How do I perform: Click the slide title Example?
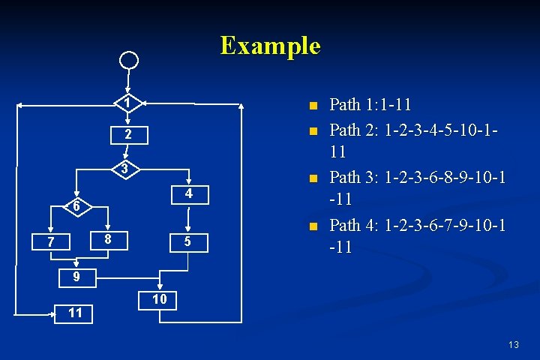point(270,46)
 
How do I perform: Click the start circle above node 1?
point(130,60)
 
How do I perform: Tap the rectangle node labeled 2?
point(128,135)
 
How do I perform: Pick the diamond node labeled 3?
point(128,167)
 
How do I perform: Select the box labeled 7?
point(49,241)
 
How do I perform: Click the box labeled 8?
point(108,239)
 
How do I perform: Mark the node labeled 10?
point(159,299)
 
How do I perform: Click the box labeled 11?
point(75,313)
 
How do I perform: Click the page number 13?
point(513,345)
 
